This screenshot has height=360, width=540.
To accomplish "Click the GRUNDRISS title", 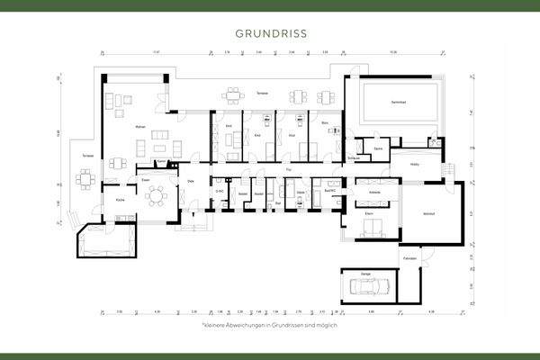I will click(270, 33).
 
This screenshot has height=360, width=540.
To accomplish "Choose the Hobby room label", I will click(416, 164).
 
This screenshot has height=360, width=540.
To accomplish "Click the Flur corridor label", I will click(288, 167).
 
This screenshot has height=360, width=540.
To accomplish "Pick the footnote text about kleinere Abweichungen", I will click(270, 324).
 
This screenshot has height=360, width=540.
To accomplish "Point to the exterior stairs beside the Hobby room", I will click(446, 168).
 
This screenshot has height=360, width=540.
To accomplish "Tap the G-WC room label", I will click(220, 191).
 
